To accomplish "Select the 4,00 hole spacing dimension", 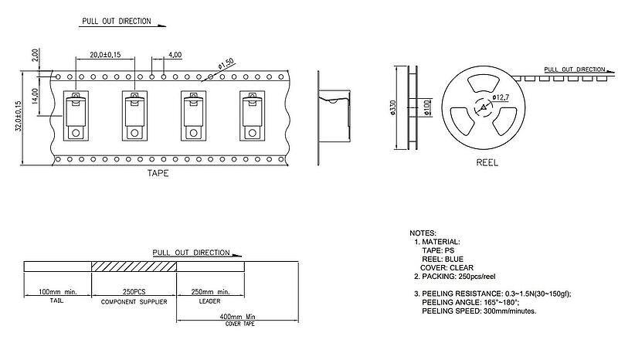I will click(175, 55).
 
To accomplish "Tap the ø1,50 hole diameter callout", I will click(227, 65).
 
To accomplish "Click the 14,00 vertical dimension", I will click(36, 97).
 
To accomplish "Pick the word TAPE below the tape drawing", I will click(158, 174).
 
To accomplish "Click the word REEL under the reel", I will click(487, 163).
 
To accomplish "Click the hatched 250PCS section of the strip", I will click(135, 267).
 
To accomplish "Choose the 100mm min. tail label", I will click(59, 292).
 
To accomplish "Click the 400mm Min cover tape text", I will click(239, 317).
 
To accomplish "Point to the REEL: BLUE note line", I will click(445, 259).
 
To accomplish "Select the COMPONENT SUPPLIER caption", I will click(135, 301).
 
